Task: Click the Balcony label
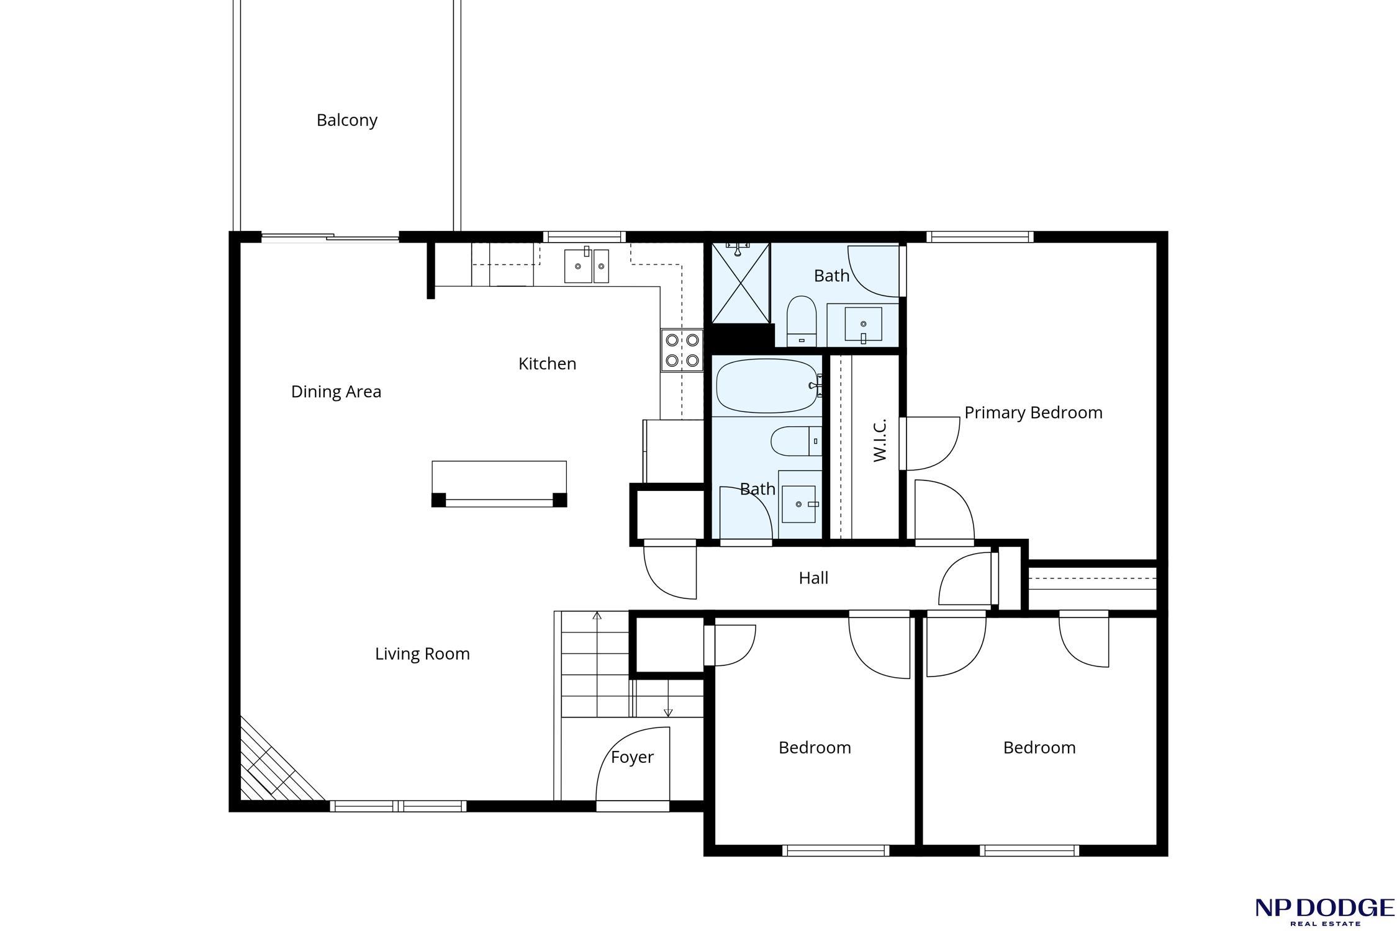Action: pyautogui.click(x=346, y=120)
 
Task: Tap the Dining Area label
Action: pyautogui.click(x=336, y=392)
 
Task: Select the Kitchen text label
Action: pyautogui.click(x=547, y=364)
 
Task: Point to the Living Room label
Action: pyautogui.click(x=422, y=654)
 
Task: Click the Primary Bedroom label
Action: pyautogui.click(x=1033, y=413)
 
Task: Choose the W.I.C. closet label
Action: pyautogui.click(x=879, y=440)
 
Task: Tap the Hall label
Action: pyautogui.click(x=813, y=578)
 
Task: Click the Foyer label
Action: pyautogui.click(x=632, y=757)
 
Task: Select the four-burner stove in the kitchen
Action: pyautogui.click(x=682, y=350)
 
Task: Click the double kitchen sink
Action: pyautogui.click(x=586, y=266)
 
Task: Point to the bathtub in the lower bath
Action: pyautogui.click(x=767, y=386)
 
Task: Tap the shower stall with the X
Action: pyautogui.click(x=741, y=283)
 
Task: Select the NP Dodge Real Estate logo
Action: pyautogui.click(x=1324, y=911)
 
